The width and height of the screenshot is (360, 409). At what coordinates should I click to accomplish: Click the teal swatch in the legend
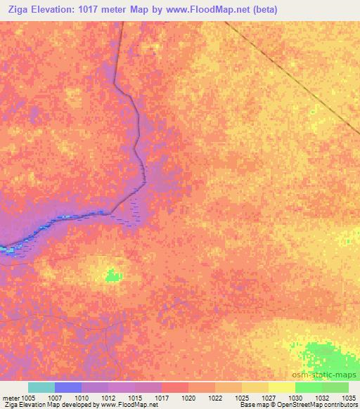click(41, 387)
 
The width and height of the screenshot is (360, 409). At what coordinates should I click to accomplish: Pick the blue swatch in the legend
click(67, 387)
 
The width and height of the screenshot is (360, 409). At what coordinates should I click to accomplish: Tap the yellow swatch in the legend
click(281, 387)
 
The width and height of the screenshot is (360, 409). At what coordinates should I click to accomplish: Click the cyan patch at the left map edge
click(8, 249)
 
